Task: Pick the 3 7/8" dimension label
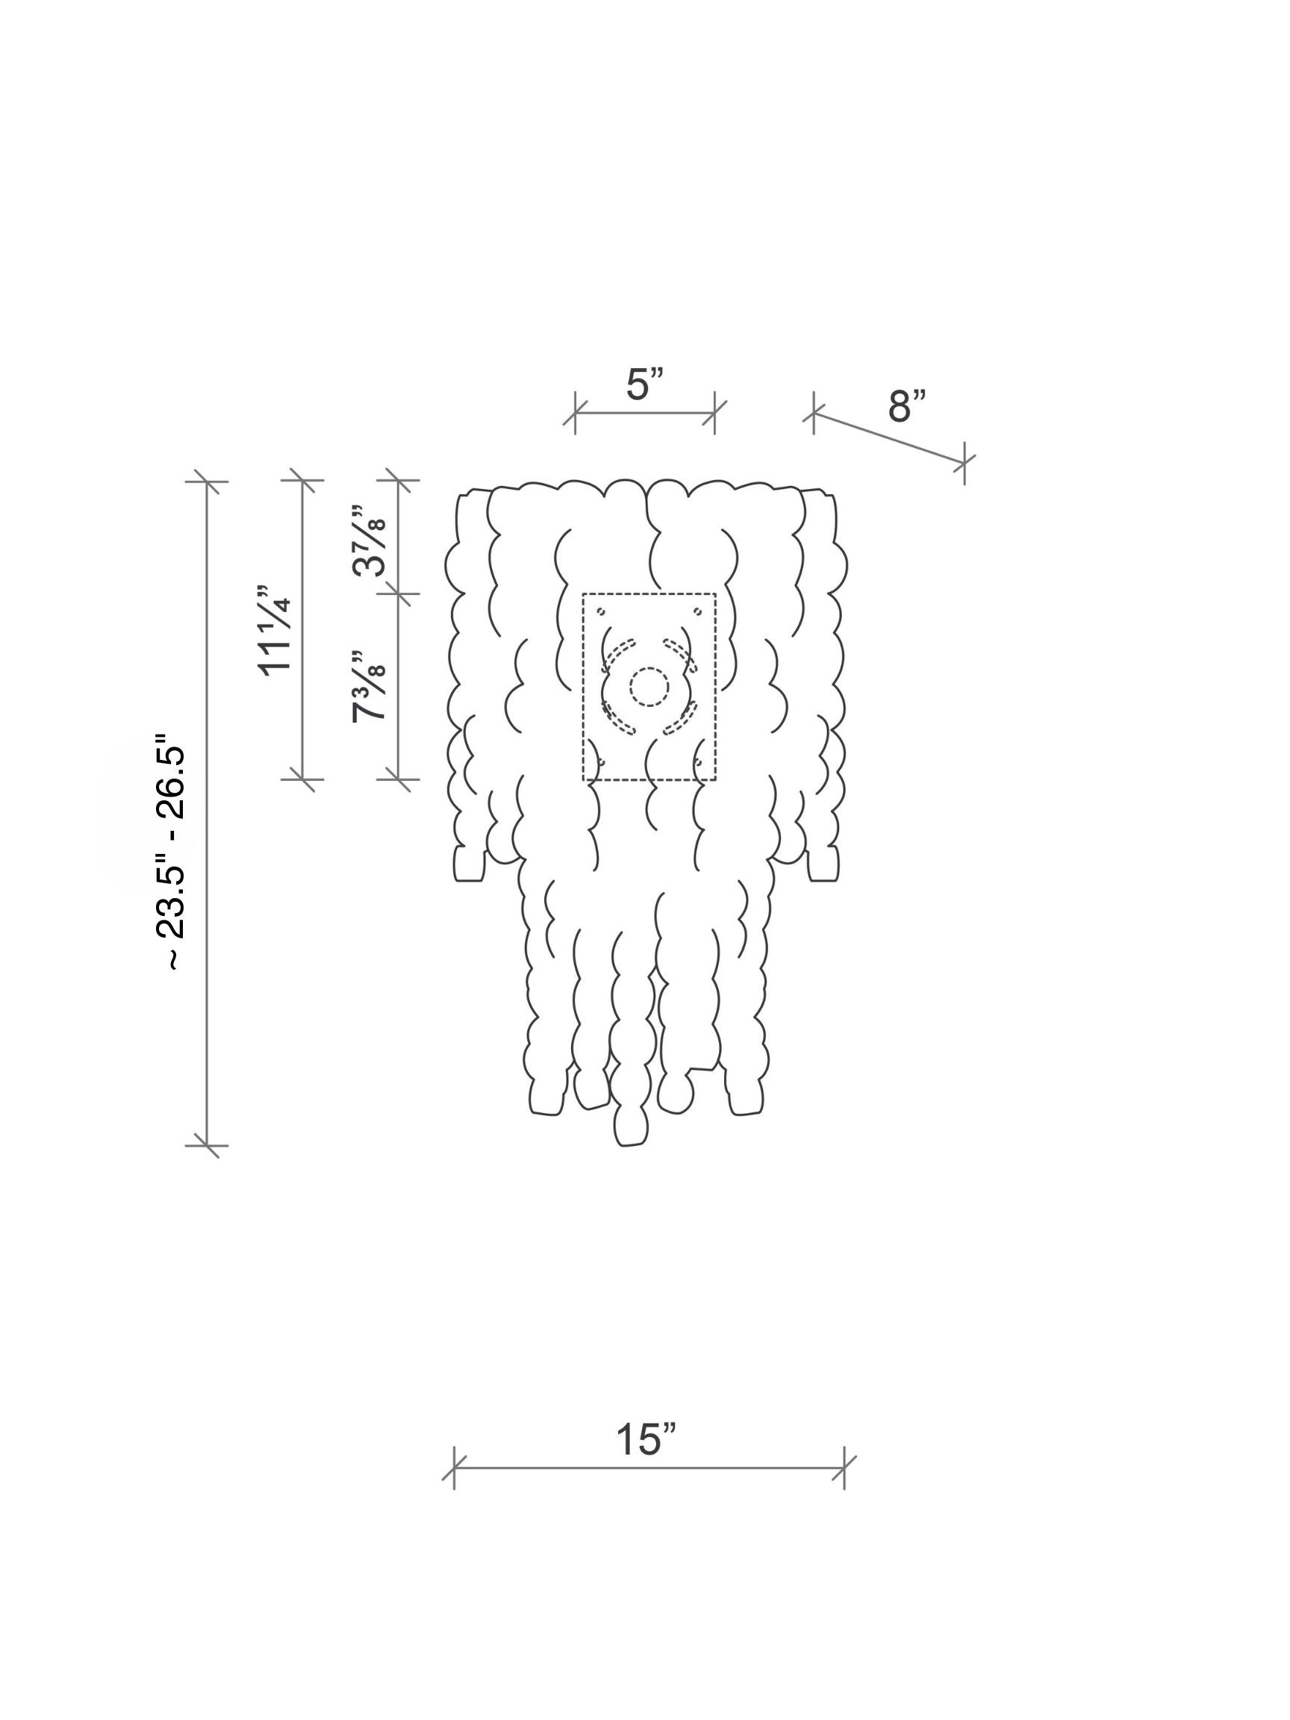369,540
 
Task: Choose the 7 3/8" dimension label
369,687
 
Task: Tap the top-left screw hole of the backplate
600,611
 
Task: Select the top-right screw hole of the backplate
697,611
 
